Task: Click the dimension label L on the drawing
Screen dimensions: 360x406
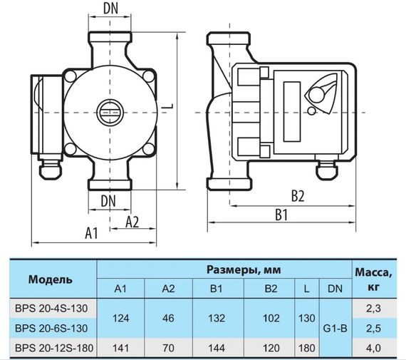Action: click(165, 106)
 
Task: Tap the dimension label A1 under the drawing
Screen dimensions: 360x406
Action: click(91, 233)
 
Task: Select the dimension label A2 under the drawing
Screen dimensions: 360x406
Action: click(132, 222)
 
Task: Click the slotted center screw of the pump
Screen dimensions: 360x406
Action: click(110, 112)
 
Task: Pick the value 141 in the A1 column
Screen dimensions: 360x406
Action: click(120, 347)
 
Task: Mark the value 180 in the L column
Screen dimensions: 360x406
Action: click(306, 347)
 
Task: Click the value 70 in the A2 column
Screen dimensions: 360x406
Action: click(169, 347)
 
